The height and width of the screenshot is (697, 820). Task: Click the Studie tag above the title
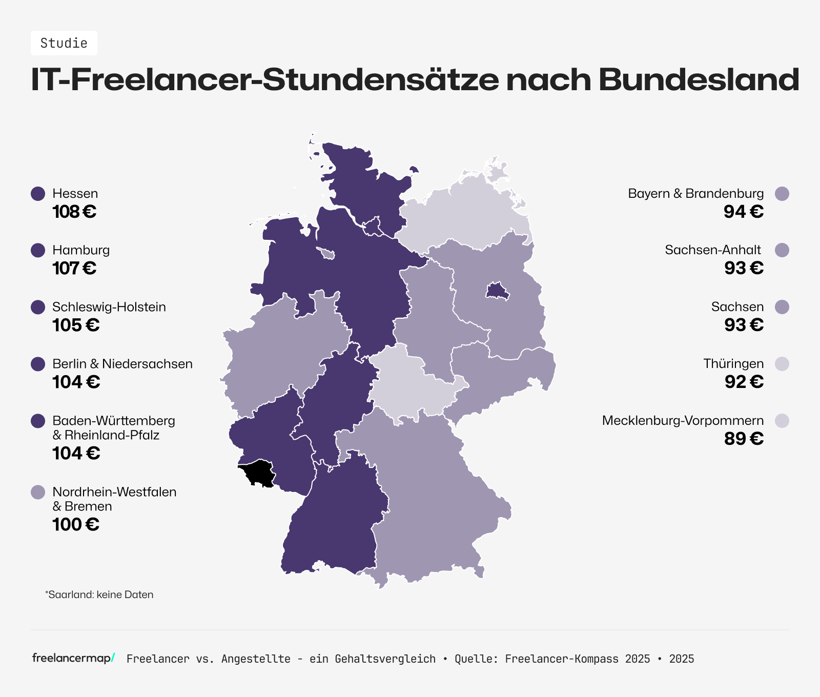(x=64, y=43)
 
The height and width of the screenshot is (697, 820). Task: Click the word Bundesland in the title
(x=699, y=79)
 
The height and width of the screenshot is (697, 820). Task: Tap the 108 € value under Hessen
(x=74, y=212)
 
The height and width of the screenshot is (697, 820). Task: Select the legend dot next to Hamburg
(x=38, y=250)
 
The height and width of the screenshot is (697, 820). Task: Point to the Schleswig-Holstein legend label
(x=109, y=307)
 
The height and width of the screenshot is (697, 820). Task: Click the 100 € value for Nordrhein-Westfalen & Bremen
(x=76, y=524)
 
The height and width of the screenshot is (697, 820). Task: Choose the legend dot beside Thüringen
(x=782, y=364)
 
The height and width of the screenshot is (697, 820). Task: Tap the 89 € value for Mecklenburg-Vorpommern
(x=744, y=439)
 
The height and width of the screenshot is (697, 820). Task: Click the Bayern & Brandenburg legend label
(x=695, y=194)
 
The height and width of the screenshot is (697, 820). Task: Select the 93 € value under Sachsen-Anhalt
(x=744, y=268)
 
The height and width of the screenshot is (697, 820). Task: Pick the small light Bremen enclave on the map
(x=326, y=253)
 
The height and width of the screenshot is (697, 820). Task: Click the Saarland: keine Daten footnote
(x=99, y=594)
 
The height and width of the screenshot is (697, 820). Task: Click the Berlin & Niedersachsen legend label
(x=122, y=364)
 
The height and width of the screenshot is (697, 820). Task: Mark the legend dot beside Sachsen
(x=782, y=307)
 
